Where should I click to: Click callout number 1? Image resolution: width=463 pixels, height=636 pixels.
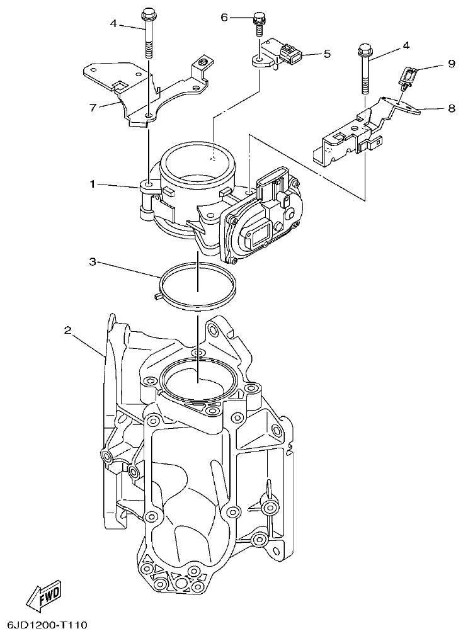click(92, 184)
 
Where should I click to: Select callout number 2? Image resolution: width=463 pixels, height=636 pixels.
click(68, 329)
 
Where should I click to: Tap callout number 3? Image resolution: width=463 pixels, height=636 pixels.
click(92, 261)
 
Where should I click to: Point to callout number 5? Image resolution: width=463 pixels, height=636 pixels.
click(327, 54)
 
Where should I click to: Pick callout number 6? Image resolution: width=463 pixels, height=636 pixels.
click(224, 18)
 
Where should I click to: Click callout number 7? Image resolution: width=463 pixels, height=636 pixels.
click(93, 107)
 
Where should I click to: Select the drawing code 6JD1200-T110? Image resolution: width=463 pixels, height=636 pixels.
click(47, 625)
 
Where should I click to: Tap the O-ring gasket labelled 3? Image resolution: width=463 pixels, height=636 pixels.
click(197, 287)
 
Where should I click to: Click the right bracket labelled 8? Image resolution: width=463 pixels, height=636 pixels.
click(353, 132)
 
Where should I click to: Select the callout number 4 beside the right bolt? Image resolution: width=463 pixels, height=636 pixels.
click(406, 45)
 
